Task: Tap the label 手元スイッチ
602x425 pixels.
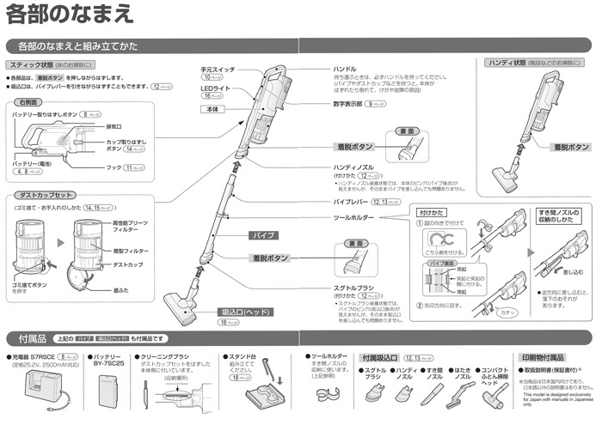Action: tap(218, 68)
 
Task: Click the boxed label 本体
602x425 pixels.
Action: tap(214, 110)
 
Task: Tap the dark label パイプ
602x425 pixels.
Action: tap(261, 234)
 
